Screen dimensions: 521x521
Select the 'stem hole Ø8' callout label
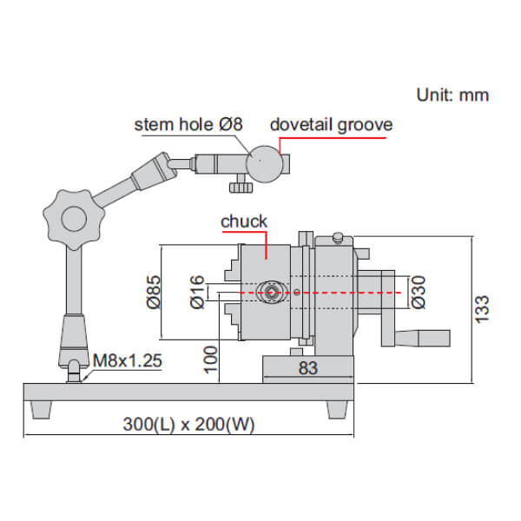point(188,124)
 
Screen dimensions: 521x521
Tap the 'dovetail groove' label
point(331,124)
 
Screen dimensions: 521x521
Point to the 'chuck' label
point(244,222)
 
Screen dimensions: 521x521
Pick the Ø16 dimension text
point(196,293)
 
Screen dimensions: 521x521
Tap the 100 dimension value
point(207,359)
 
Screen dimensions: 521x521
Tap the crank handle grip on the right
point(426,338)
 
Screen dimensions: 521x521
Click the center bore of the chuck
point(271,293)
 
